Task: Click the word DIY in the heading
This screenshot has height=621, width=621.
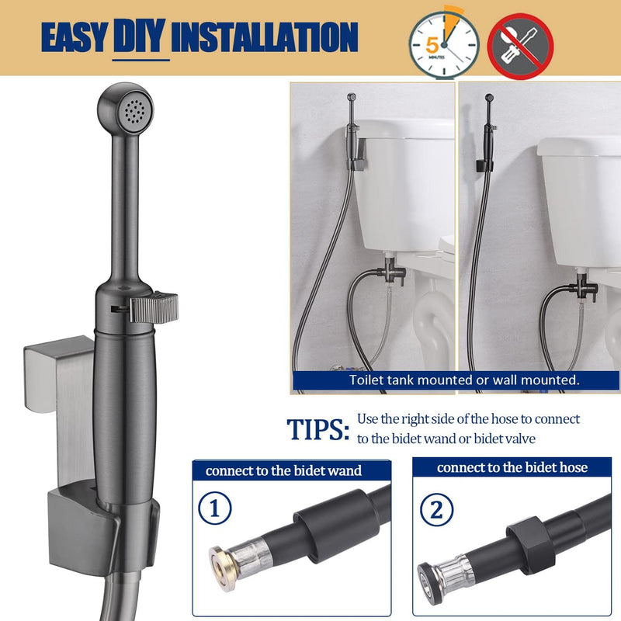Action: pos(141,36)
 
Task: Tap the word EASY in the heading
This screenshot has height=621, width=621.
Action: pos(75,37)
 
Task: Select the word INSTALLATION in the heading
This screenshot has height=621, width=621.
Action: pos(265,36)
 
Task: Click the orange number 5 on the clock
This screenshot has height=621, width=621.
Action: pos(432,45)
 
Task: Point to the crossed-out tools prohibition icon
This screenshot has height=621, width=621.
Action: pos(520,47)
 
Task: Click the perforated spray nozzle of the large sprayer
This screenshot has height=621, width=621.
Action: pos(134,109)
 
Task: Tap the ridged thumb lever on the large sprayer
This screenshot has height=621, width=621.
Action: pos(154,307)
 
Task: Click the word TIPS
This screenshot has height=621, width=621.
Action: pos(318,429)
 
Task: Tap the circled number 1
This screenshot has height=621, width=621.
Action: pos(215,508)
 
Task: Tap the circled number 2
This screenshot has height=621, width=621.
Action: pos(436,510)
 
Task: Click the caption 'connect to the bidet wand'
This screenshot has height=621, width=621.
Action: pos(283,470)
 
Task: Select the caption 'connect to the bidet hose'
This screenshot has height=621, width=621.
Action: pos(512,467)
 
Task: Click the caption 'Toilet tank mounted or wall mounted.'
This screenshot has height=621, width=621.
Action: pos(464,380)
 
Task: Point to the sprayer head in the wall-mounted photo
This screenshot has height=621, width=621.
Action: pos(489,98)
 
